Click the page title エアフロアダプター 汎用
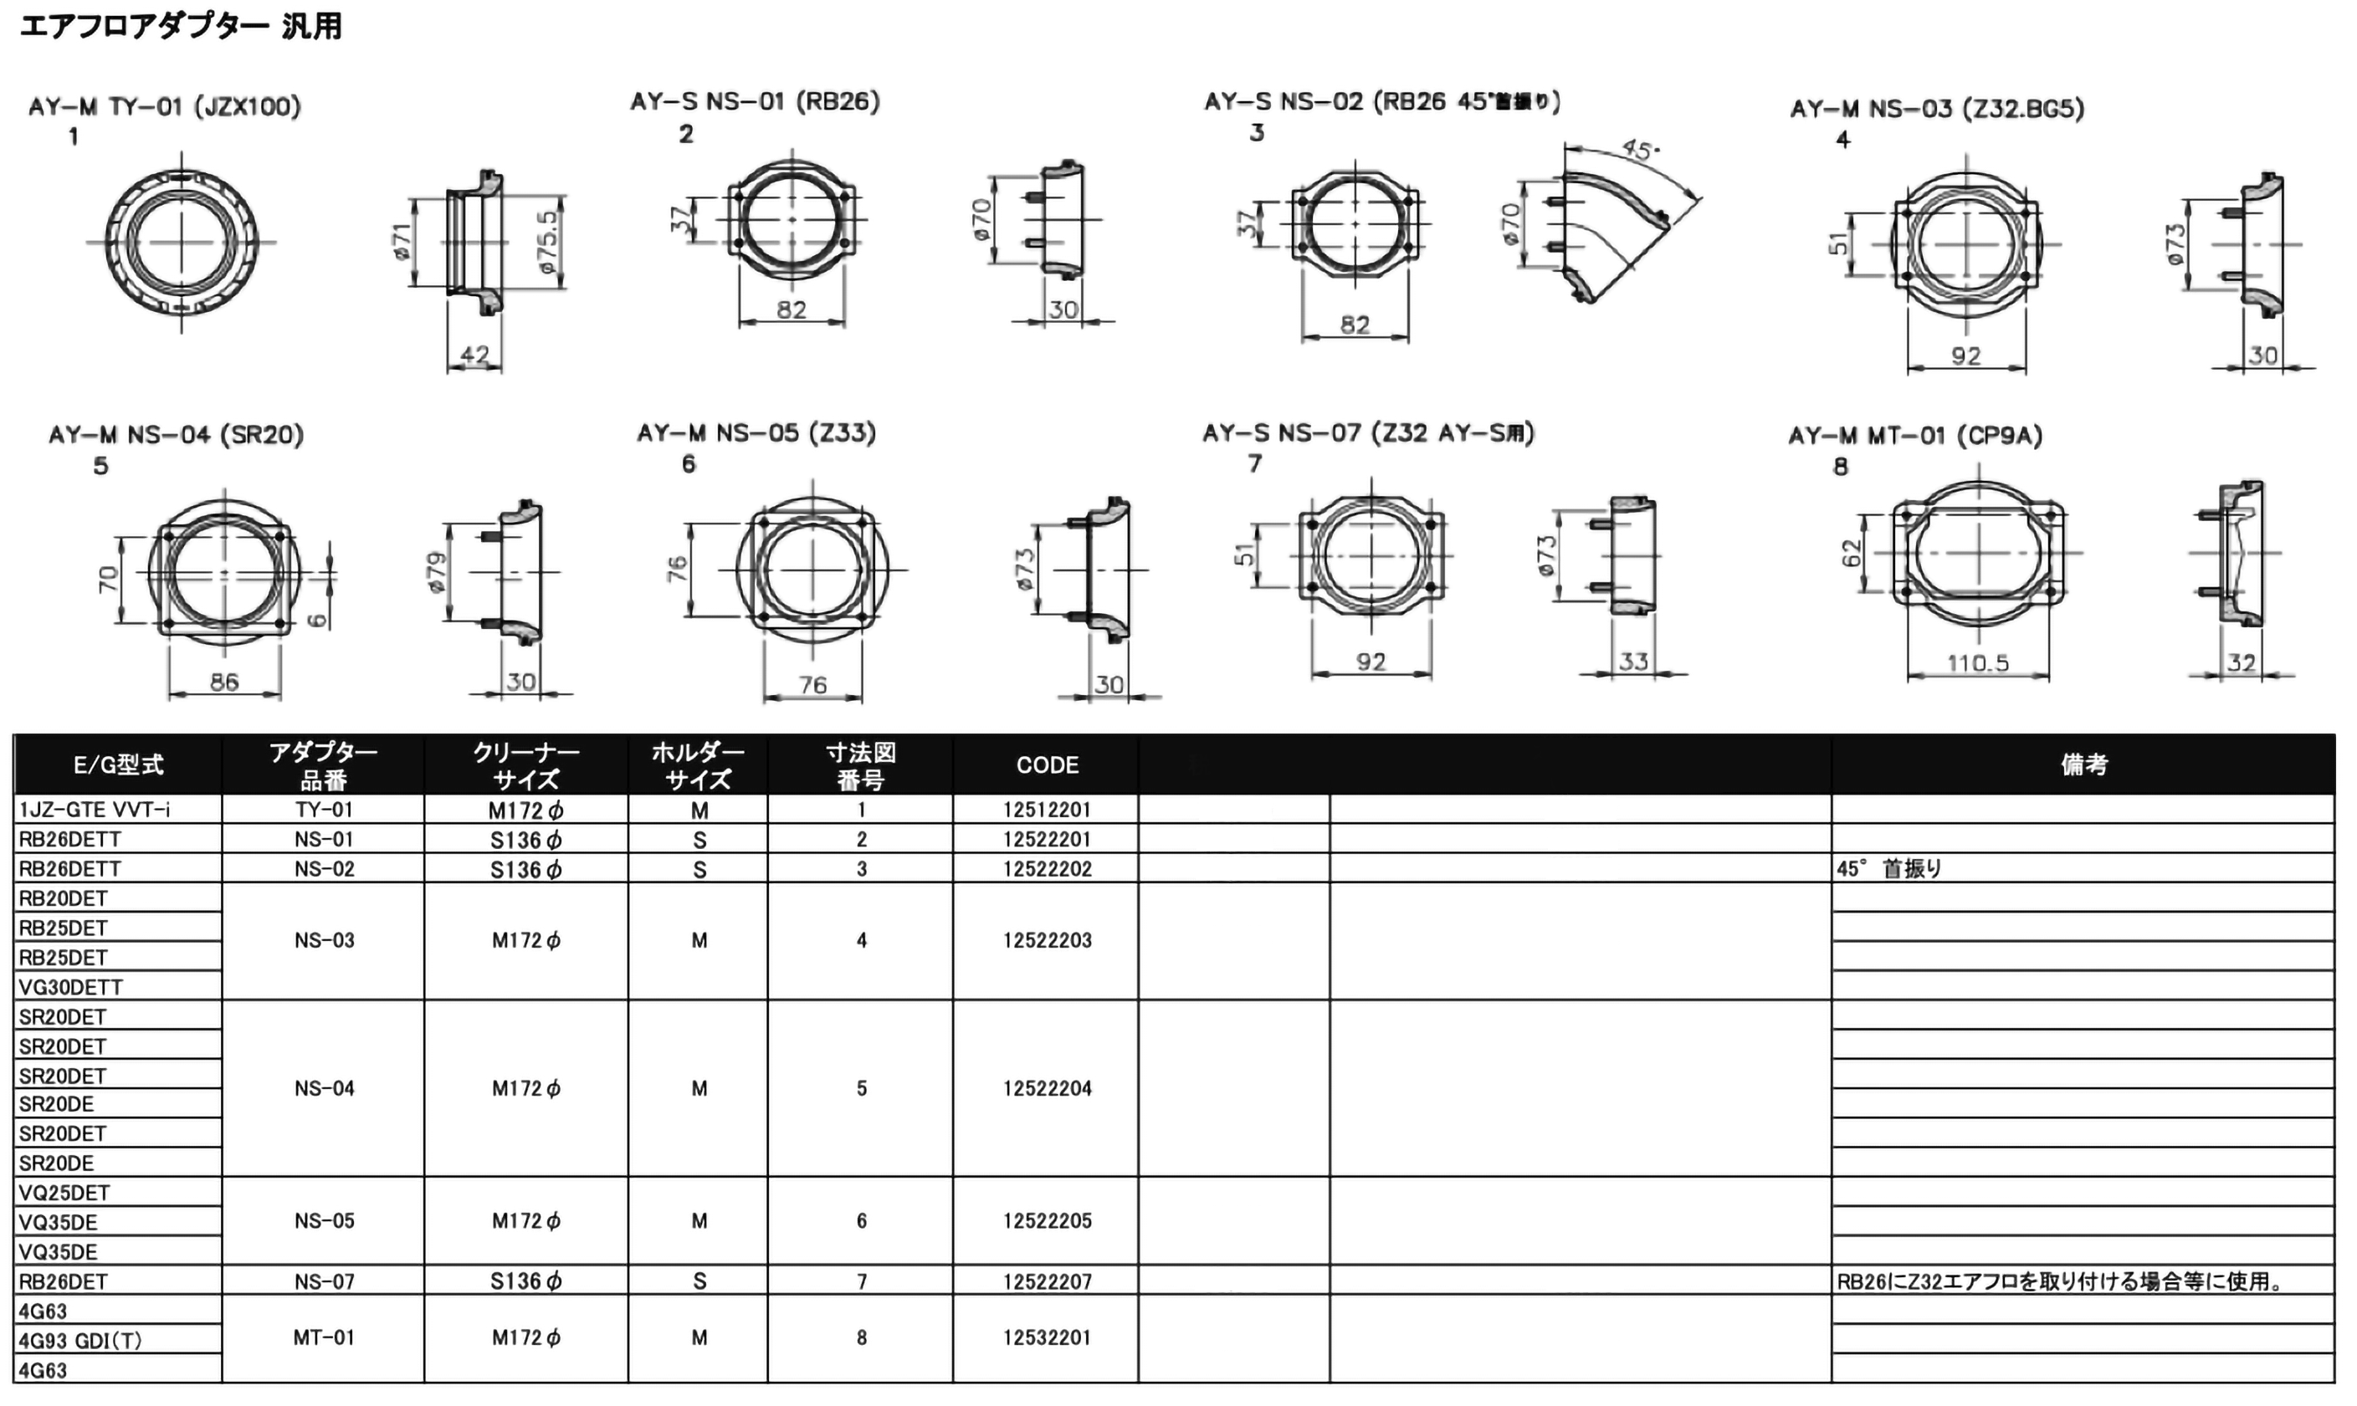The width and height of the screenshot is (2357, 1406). tap(180, 26)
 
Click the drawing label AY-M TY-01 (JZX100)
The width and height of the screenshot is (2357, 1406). tap(164, 106)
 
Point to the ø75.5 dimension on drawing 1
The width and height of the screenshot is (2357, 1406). tap(549, 243)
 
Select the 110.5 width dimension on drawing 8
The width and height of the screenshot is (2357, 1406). tap(1977, 662)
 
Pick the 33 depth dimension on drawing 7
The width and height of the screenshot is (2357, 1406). tap(1633, 661)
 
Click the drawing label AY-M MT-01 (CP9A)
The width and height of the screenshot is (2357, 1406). tap(1914, 436)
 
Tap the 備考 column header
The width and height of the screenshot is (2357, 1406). tap(2083, 764)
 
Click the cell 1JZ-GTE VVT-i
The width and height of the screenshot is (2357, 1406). tap(95, 809)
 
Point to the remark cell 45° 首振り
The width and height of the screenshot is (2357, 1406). tap(1888, 869)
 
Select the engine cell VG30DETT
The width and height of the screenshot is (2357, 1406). tap(71, 987)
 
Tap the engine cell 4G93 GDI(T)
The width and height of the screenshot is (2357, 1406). tap(80, 1341)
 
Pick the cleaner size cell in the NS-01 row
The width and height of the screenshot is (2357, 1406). tap(526, 840)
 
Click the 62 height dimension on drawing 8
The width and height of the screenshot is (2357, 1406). tap(1851, 554)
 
